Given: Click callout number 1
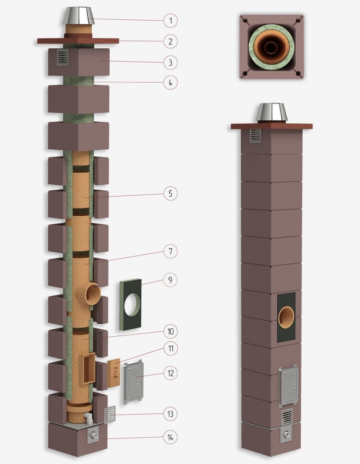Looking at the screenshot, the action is point(170,20).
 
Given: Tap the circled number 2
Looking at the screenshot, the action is point(170,41).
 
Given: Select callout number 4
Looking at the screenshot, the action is point(170,83).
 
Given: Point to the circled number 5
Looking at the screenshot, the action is point(170,193).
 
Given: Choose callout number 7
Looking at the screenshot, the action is point(170,251).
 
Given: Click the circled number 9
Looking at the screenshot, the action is point(170,280).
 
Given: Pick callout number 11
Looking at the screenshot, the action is point(170,348).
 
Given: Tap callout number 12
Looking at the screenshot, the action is point(170,373).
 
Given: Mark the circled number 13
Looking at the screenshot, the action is point(170,414).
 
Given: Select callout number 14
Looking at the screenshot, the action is point(170,437).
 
